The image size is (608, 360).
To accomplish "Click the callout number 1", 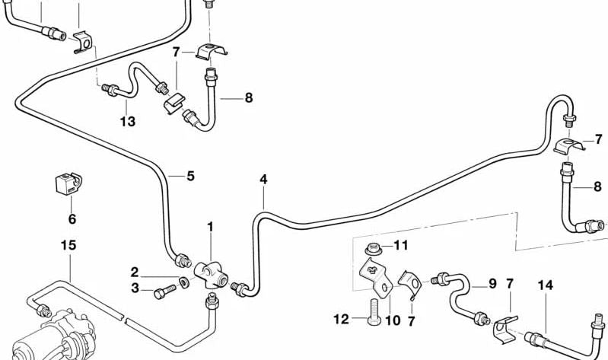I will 211,226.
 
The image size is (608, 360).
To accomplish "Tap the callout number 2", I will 134,272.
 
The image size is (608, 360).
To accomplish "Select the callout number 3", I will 134,288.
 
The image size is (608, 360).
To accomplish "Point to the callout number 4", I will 263,180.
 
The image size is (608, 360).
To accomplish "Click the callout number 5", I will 190,176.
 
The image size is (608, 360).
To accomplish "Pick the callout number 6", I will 72,219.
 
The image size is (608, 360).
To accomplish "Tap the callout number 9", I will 492,284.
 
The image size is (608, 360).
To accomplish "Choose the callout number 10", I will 392,320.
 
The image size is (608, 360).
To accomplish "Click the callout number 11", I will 401,245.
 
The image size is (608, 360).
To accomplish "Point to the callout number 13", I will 127,122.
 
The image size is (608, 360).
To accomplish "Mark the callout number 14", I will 544,285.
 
